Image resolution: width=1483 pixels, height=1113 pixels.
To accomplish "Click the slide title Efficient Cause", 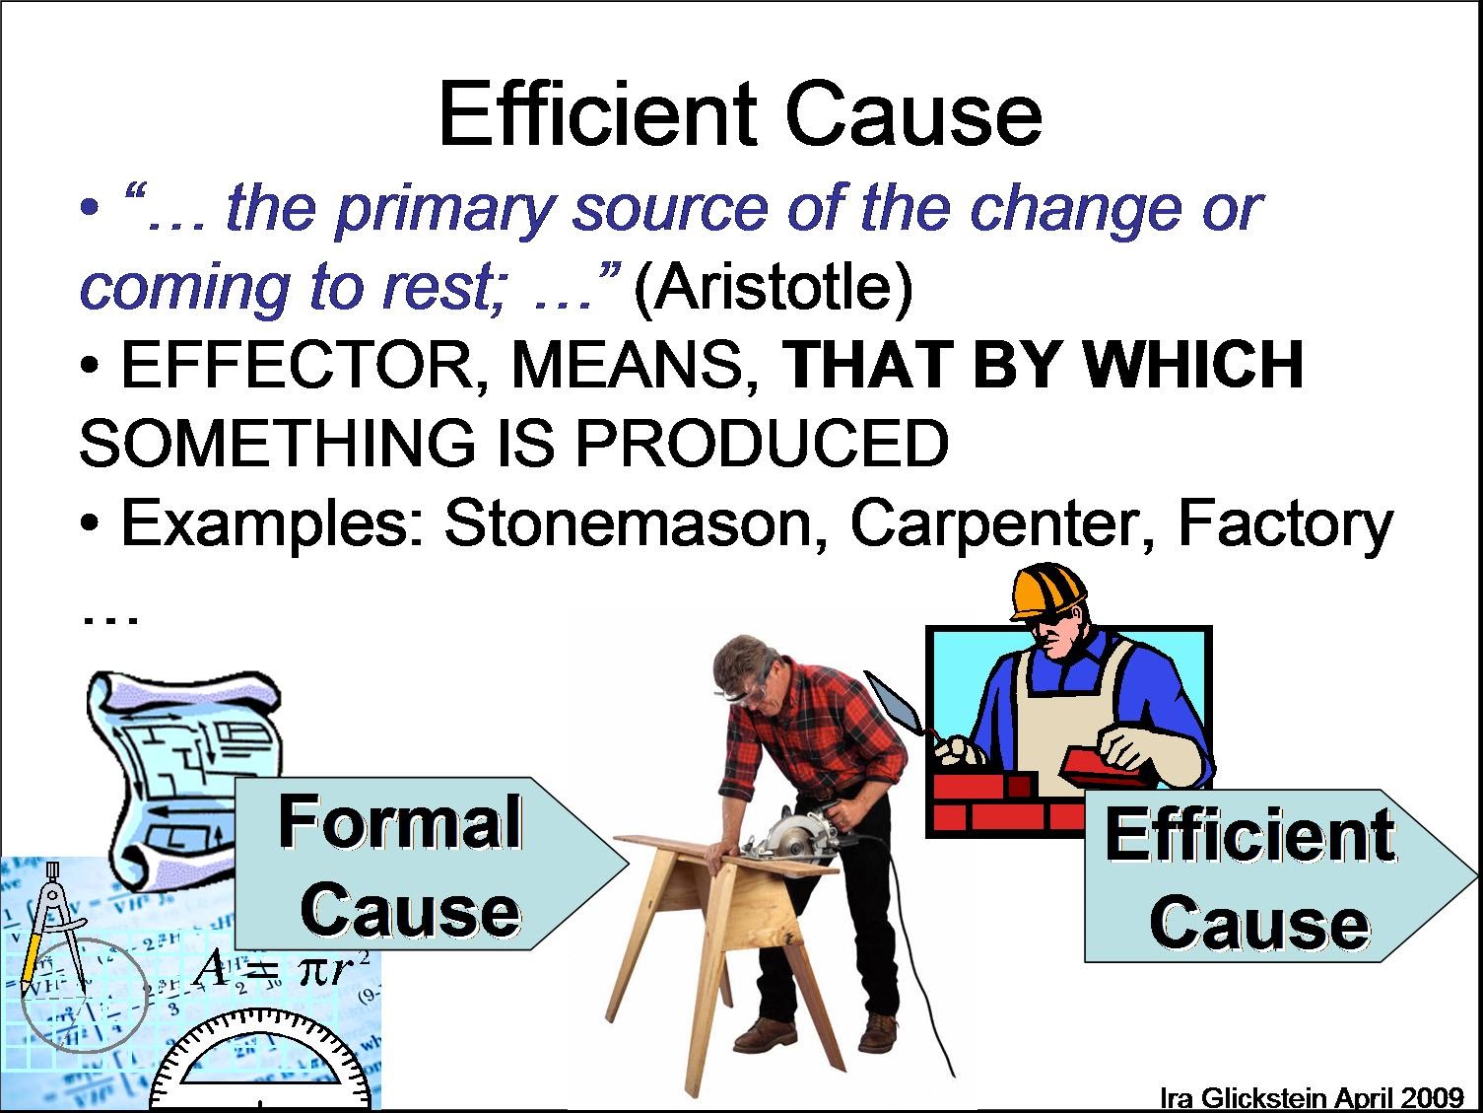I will (x=739, y=114).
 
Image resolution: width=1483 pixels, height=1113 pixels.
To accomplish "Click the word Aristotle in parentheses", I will (x=774, y=288).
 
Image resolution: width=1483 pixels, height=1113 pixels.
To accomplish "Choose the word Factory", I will (x=1285, y=523).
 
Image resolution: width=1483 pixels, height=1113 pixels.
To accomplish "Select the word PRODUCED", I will (x=762, y=444).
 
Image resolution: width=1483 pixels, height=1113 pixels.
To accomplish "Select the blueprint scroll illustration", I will (x=182, y=759).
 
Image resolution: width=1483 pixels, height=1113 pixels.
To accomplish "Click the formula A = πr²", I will (x=281, y=969).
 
